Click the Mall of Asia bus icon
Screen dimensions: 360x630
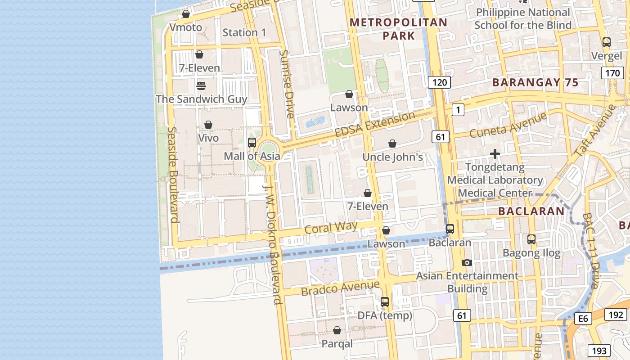[x=252, y=143]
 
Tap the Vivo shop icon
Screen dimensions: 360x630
[x=208, y=125]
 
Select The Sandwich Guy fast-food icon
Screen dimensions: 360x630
[x=201, y=85]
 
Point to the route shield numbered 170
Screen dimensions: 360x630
[x=612, y=73]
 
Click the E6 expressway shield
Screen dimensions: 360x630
[x=583, y=319]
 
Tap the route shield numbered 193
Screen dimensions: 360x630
[x=599, y=351]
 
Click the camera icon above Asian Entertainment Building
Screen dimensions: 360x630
[x=467, y=262]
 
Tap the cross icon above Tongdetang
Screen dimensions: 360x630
[x=495, y=154]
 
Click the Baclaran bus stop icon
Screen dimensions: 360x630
[x=450, y=229]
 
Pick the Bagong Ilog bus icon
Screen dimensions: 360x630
[x=531, y=239]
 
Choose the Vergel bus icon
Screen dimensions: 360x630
[x=607, y=42]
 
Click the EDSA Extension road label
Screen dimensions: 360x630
[x=375, y=125]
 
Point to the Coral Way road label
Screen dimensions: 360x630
[x=331, y=228]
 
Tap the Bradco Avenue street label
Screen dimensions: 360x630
[x=340, y=288]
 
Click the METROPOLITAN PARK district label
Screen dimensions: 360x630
[x=399, y=29]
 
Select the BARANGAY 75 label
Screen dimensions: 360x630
[x=535, y=82]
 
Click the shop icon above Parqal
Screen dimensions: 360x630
[x=337, y=331]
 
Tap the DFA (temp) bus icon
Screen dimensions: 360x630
[x=385, y=302]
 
